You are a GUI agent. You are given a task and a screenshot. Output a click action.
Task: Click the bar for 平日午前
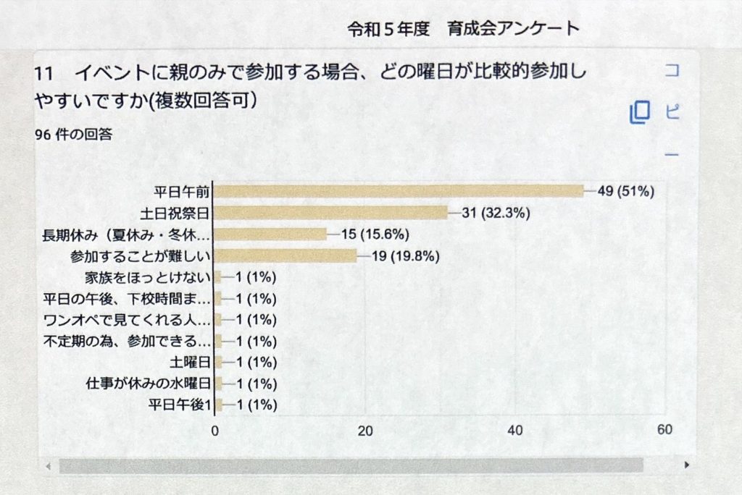pyautogui.click(x=399, y=191)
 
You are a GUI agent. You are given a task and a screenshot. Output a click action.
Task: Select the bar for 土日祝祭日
pyautogui.click(x=332, y=213)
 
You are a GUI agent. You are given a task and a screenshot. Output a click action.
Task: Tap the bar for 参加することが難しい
pyautogui.click(x=286, y=255)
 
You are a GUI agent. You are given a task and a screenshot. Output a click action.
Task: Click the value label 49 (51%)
pyautogui.click(x=626, y=191)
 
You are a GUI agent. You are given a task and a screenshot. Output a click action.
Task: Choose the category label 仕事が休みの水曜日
pyautogui.click(x=148, y=384)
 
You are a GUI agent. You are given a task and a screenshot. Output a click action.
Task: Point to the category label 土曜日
pyautogui.click(x=189, y=362)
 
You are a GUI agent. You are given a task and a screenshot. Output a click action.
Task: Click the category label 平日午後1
pyautogui.click(x=178, y=405)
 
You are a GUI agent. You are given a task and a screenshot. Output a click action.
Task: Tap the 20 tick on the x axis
pyautogui.click(x=365, y=430)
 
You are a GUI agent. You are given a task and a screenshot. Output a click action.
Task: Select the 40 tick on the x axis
pyautogui.click(x=515, y=430)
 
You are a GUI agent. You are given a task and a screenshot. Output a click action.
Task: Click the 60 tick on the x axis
pyautogui.click(x=664, y=430)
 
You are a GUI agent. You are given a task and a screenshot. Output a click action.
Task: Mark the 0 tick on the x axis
pyautogui.click(x=215, y=430)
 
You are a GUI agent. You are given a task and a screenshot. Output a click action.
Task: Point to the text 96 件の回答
pyautogui.click(x=73, y=135)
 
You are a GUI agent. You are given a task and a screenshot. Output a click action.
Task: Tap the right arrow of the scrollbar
pyautogui.click(x=685, y=465)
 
